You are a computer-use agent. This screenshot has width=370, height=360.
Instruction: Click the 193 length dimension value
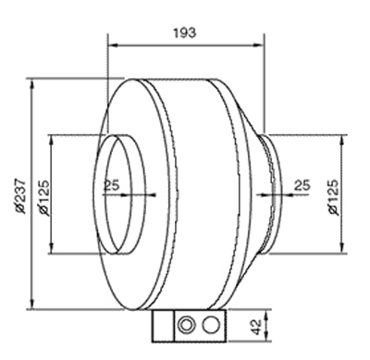point(184,32)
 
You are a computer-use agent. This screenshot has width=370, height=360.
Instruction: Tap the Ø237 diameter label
point(21,195)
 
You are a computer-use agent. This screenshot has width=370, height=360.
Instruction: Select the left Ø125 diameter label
point(43,198)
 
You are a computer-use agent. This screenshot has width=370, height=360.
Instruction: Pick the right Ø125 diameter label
point(334,197)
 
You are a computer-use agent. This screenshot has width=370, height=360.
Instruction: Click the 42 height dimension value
point(254,327)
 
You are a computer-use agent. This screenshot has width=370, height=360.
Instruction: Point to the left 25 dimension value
point(111,185)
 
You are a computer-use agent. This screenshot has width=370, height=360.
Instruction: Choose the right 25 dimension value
point(302,185)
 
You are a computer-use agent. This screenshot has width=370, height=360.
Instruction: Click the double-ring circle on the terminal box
point(187,325)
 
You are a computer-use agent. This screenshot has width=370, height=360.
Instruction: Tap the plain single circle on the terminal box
point(211,325)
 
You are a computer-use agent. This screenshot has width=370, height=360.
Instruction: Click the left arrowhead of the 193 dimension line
point(114,45)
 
